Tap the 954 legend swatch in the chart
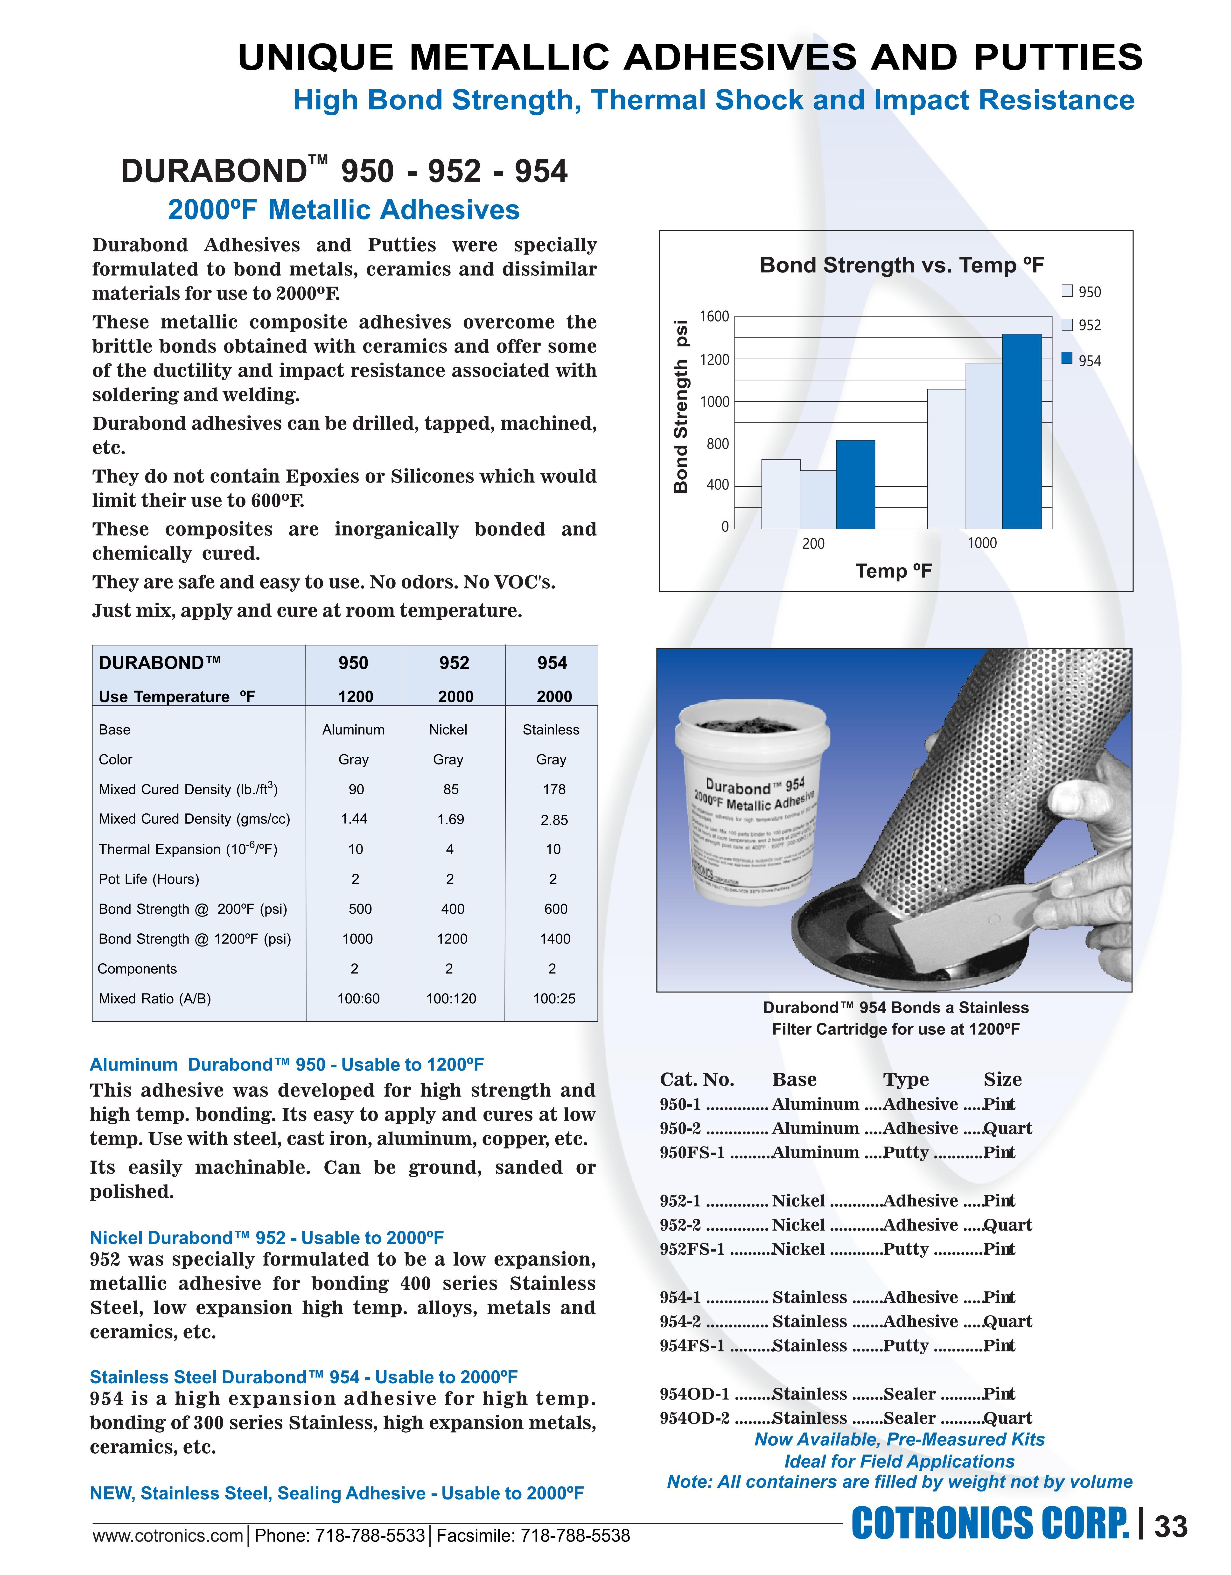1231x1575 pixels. tap(1067, 358)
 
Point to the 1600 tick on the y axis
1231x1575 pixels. tap(715, 317)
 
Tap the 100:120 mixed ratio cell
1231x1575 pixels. tap(451, 999)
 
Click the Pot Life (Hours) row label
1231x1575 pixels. tap(149, 879)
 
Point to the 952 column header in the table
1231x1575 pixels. tap(454, 663)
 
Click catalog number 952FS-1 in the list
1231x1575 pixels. tap(692, 1249)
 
